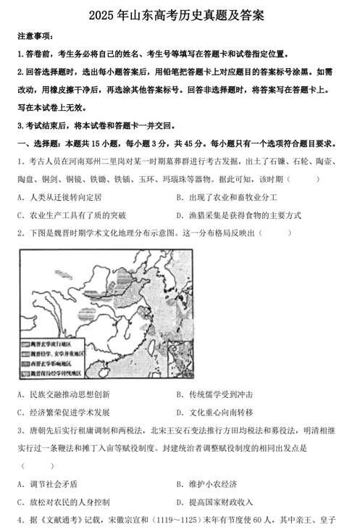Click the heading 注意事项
click(35, 36)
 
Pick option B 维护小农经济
click(210, 484)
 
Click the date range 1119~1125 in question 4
click(189, 520)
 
